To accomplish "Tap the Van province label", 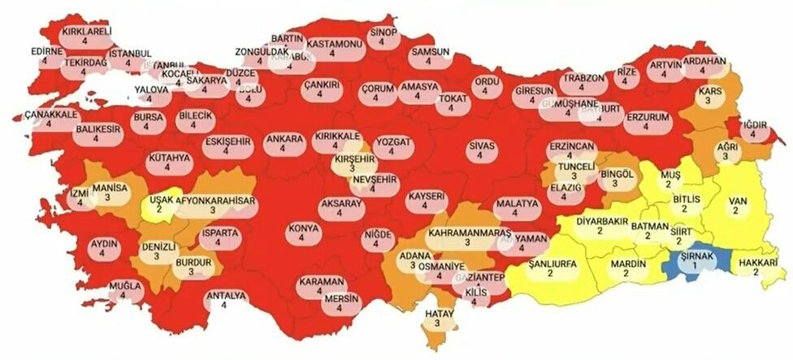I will (x=736, y=204).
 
